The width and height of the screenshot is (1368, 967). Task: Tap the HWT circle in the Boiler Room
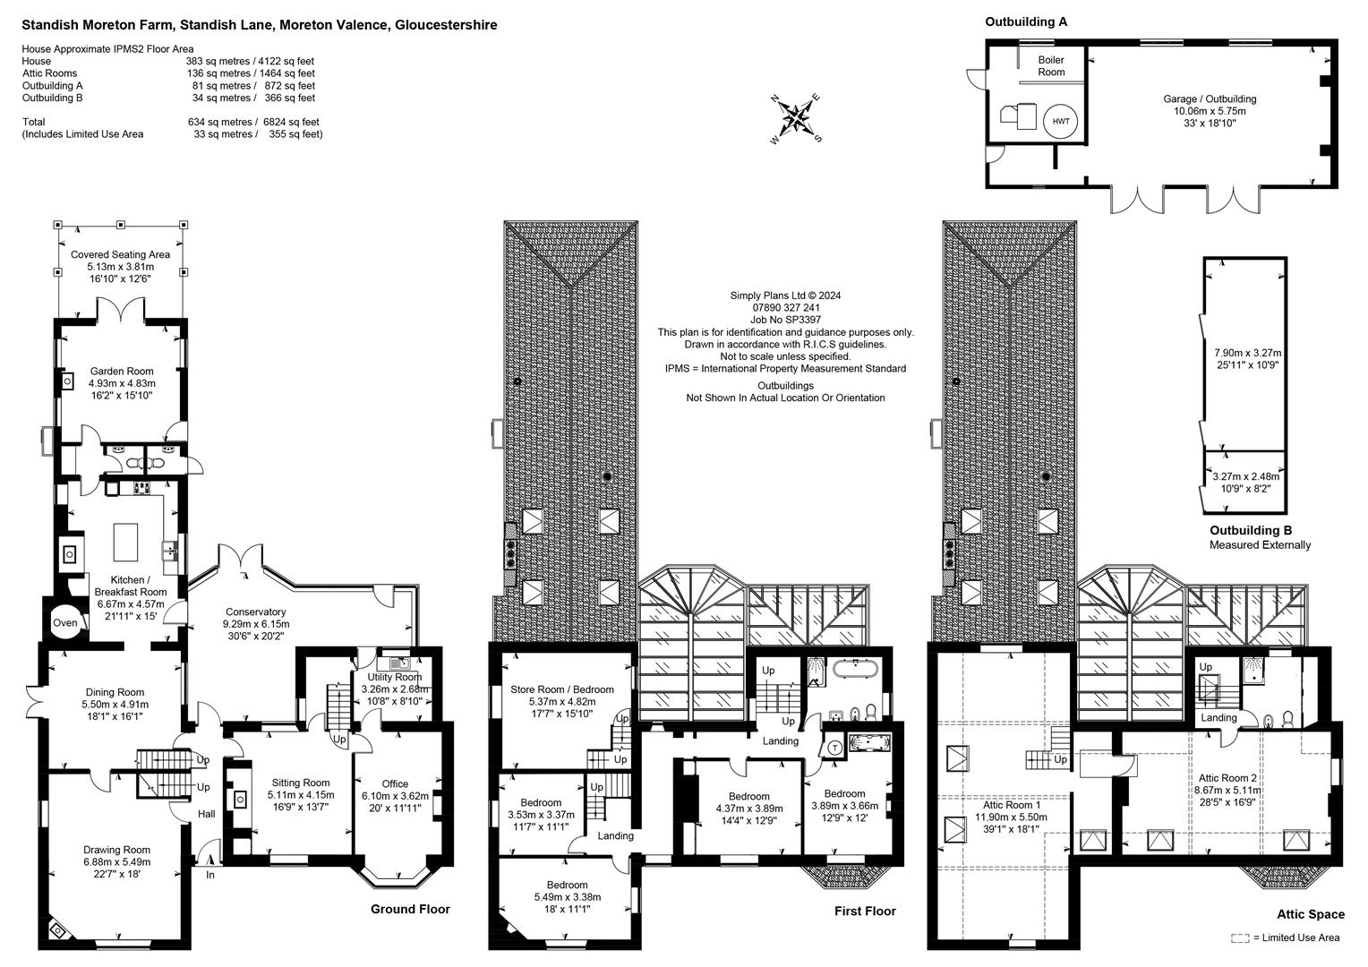tap(1060, 121)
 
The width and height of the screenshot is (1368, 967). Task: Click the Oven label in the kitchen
tap(65, 623)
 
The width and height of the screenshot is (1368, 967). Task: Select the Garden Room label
tap(122, 371)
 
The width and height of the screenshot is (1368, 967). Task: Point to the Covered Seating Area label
tap(120, 254)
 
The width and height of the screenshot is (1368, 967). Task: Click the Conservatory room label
tap(255, 612)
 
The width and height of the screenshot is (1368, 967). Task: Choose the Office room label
tap(395, 783)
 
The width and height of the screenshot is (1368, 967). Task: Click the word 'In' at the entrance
tap(210, 875)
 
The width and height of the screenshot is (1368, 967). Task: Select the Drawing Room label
tap(117, 850)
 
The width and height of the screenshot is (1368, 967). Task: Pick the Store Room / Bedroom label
tap(562, 689)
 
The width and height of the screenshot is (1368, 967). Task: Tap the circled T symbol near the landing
tap(834, 749)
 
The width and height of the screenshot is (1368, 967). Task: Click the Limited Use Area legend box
tap(1240, 937)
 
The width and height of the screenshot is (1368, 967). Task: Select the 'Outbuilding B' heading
tap(1250, 530)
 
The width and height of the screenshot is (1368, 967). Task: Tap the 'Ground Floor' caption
tap(410, 909)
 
